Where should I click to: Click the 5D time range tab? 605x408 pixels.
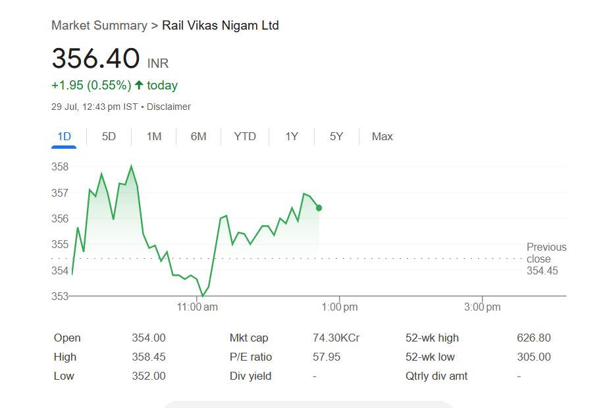pyautogui.click(x=109, y=137)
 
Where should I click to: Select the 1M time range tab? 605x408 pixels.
pyautogui.click(x=154, y=137)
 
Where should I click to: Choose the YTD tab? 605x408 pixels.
pyautogui.click(x=245, y=137)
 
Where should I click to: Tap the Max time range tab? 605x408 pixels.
pyautogui.click(x=382, y=137)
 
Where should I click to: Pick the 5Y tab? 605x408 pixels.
pyautogui.click(x=336, y=137)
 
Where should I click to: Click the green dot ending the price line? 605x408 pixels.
pyautogui.click(x=319, y=208)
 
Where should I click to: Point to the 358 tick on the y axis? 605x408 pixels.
pyautogui.click(x=60, y=167)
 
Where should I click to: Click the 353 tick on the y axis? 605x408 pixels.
pyautogui.click(x=60, y=296)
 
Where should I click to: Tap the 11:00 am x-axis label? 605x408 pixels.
pyautogui.click(x=197, y=307)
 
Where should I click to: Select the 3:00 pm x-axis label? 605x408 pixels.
pyautogui.click(x=483, y=307)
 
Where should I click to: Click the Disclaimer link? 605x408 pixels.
pyautogui.click(x=169, y=107)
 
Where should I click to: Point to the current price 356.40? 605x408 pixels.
pyautogui.click(x=95, y=59)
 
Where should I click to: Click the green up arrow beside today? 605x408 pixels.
pyautogui.click(x=139, y=86)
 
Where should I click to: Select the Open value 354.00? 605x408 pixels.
pyautogui.click(x=149, y=338)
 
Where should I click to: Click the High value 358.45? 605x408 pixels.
pyautogui.click(x=149, y=357)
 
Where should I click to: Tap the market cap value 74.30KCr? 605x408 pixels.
pyautogui.click(x=336, y=338)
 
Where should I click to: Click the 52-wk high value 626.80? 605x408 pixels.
pyautogui.click(x=534, y=338)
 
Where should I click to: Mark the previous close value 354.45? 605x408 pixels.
pyautogui.click(x=542, y=271)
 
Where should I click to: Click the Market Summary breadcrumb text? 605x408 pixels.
pyautogui.click(x=99, y=26)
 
